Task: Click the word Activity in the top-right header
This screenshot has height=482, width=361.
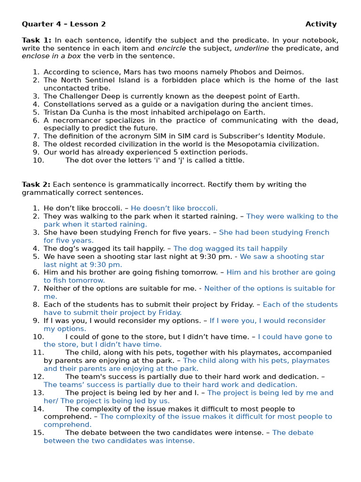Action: pos(321,24)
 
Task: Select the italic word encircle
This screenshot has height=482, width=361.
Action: pos(172,48)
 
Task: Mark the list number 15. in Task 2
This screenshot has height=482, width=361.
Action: pos(39,433)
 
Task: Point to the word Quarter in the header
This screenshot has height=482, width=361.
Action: pos(37,24)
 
